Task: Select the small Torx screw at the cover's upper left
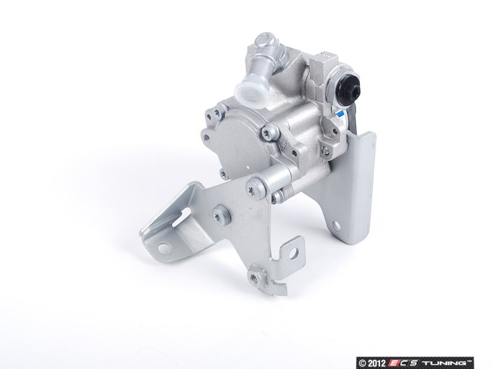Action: tap(215, 113)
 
